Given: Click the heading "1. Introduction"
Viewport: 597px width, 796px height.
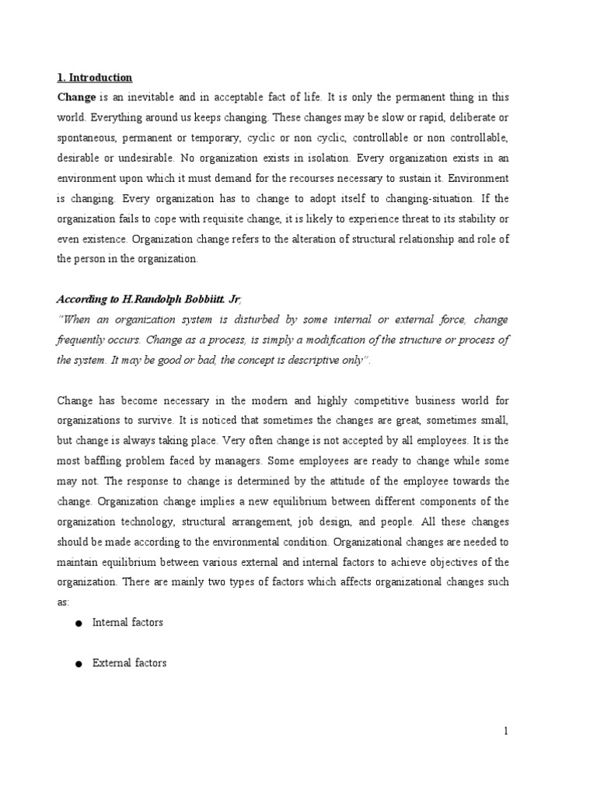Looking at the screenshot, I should (95, 78).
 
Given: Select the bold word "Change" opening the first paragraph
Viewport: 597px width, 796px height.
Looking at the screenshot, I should (76, 97).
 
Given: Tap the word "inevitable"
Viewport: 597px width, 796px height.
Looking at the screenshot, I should (145, 97).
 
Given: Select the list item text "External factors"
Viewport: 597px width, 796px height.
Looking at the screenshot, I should (129, 663).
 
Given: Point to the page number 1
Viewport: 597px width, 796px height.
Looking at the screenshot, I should (505, 730).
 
